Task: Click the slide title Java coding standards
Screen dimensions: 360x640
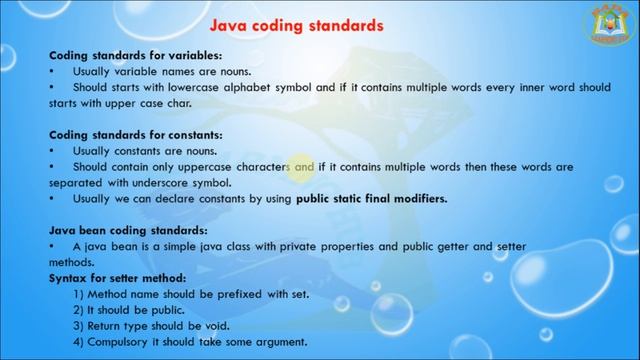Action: (x=296, y=24)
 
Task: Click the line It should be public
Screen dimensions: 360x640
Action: (x=132, y=310)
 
